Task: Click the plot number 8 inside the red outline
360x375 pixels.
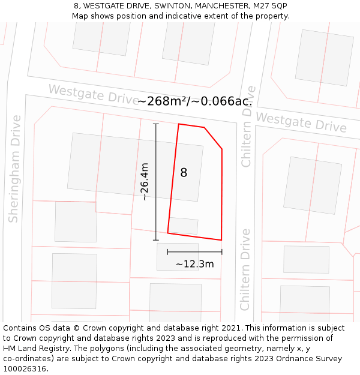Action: tap(184, 173)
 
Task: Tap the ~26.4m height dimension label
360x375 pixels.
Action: tap(145, 182)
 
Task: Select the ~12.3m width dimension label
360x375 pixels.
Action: tap(194, 264)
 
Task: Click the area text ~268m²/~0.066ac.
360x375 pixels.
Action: tap(195, 101)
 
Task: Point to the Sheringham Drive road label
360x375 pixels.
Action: tap(14, 169)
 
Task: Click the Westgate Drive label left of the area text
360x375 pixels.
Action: tap(93, 94)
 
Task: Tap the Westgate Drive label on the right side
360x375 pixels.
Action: tap(302, 122)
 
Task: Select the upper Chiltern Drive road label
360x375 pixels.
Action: tap(248, 126)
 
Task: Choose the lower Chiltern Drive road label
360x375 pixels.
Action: tap(245, 269)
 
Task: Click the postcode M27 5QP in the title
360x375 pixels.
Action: tap(271, 6)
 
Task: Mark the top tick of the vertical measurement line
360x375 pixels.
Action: tap(156, 124)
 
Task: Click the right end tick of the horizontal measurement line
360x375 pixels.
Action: tap(221, 252)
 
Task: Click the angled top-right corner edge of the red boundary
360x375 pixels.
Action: tap(214, 138)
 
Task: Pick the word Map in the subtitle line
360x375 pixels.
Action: tap(81, 16)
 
